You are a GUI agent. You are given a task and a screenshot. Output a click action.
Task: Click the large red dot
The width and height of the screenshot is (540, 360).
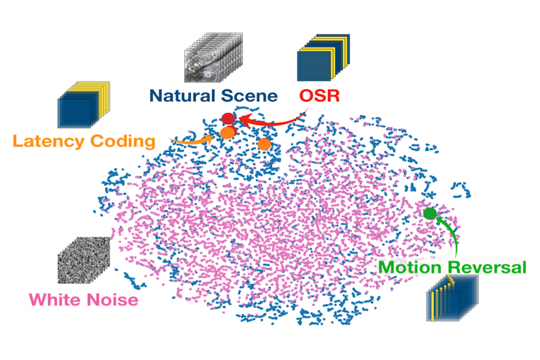pyautogui.click(x=228, y=119)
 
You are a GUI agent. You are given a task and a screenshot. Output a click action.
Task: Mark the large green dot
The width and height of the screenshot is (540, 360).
pyautogui.click(x=430, y=213)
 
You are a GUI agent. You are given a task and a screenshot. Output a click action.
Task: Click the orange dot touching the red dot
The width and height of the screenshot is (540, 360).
pyautogui.click(x=228, y=133)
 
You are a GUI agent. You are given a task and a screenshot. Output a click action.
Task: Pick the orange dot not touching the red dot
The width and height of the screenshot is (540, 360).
pyautogui.click(x=264, y=144)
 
